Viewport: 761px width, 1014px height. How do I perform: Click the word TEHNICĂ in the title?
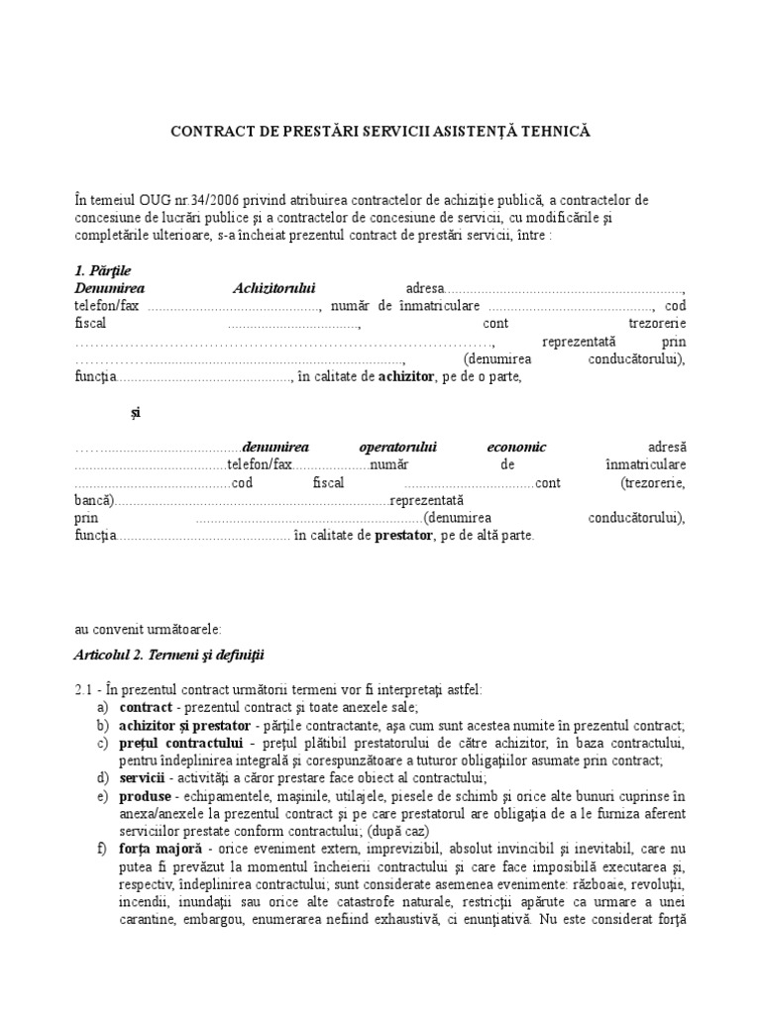point(558,131)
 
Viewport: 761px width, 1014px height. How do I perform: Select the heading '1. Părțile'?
point(102,270)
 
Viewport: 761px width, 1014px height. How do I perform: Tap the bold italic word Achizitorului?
point(273,288)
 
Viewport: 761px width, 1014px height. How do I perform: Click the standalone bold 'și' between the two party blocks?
point(136,412)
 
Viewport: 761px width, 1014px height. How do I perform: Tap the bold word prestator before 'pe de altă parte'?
point(403,536)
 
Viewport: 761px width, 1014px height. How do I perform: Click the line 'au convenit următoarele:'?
point(150,629)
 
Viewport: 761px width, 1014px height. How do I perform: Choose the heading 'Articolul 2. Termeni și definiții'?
point(169,655)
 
